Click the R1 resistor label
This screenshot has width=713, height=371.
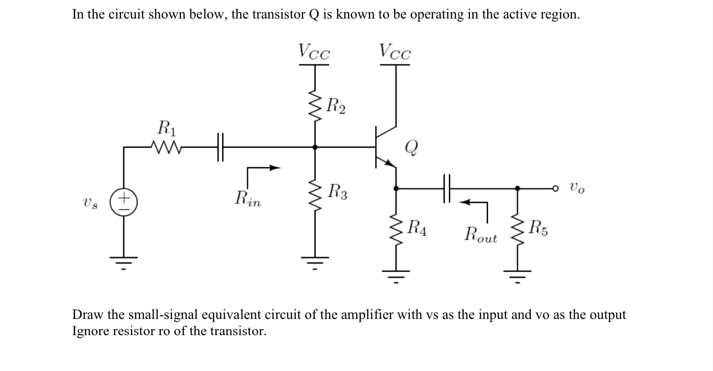click(166, 127)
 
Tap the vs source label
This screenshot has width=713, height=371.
click(90, 203)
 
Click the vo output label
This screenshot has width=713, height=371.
click(577, 188)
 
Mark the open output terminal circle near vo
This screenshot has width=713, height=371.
click(556, 188)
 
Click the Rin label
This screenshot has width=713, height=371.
click(247, 199)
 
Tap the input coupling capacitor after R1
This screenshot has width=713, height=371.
click(220, 147)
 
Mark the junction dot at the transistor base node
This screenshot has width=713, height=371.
click(315, 147)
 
